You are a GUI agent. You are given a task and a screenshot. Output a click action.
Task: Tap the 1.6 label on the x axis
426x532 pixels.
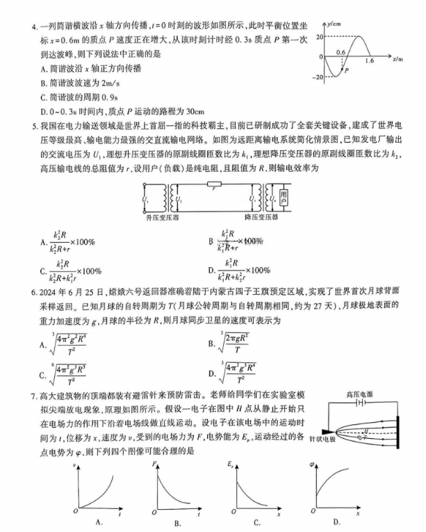tap(368, 62)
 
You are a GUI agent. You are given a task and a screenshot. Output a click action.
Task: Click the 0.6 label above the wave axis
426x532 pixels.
tap(341, 51)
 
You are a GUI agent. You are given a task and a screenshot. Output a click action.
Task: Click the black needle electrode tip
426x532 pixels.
tap(329, 432)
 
